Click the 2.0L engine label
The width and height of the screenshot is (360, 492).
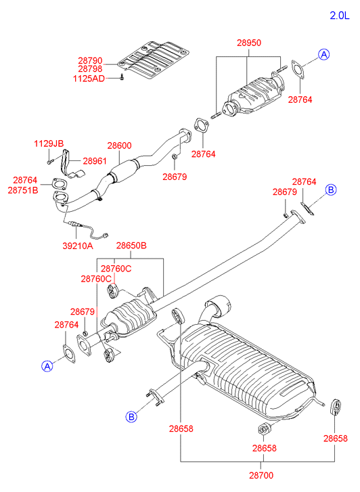coord(339,15)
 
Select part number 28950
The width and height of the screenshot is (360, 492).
coord(249,43)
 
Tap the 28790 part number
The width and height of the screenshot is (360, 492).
coord(90,60)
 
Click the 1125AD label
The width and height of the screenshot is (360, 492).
coord(89,79)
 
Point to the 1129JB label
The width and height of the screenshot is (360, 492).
coord(49,143)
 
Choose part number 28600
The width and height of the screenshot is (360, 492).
coord(119,146)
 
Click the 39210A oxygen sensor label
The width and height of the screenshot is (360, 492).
coord(78,246)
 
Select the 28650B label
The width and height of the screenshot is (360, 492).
coord(131,246)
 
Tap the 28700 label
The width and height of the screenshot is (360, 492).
coord(261,475)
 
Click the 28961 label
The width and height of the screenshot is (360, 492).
coord(95,161)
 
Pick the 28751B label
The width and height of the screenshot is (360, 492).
coord(23,190)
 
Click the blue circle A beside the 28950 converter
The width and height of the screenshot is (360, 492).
coord(324,55)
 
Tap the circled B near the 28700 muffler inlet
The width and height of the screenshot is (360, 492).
coord(131,417)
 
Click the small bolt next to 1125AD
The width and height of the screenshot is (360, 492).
coord(122,77)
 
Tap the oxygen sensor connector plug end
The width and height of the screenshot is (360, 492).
coord(106,235)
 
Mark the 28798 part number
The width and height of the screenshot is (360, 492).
coord(90,69)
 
